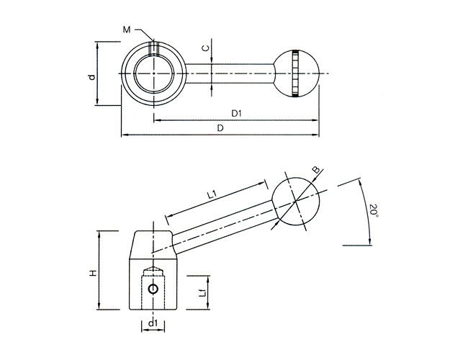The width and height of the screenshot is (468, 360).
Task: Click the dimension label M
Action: (x=126, y=29)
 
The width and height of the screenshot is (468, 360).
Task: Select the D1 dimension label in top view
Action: (x=235, y=114)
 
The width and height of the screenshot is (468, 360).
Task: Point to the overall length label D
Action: (x=220, y=128)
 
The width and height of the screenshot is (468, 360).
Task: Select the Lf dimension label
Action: (x=204, y=292)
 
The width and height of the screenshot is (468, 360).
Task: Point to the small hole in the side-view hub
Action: (x=152, y=289)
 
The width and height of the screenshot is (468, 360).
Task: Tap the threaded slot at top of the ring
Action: (x=153, y=49)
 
